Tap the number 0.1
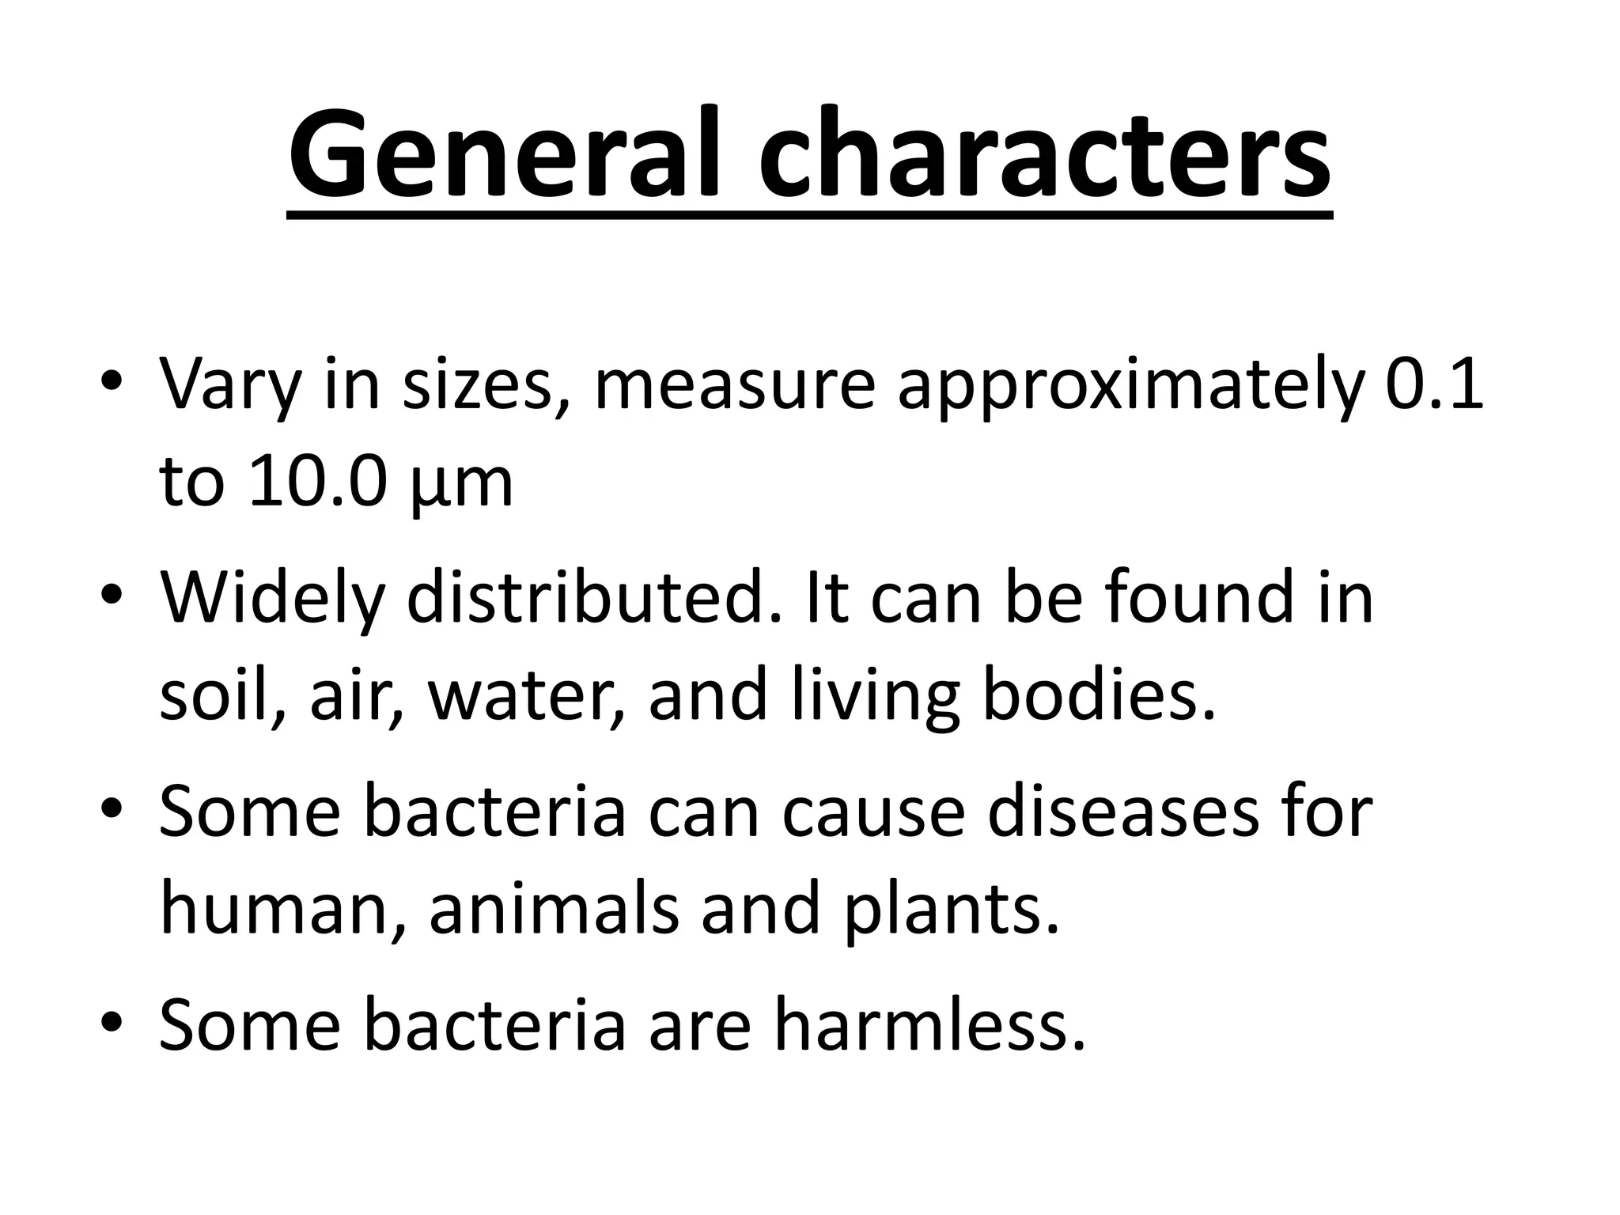pyautogui.click(x=1433, y=385)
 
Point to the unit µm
pyautogui.click(x=463, y=484)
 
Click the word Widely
pyautogui.click(x=271, y=599)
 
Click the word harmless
pyautogui.click(x=929, y=1024)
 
